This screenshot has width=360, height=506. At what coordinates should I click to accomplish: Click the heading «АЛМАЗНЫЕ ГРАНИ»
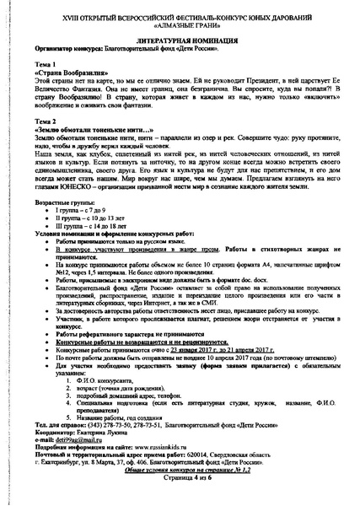click(180, 25)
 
